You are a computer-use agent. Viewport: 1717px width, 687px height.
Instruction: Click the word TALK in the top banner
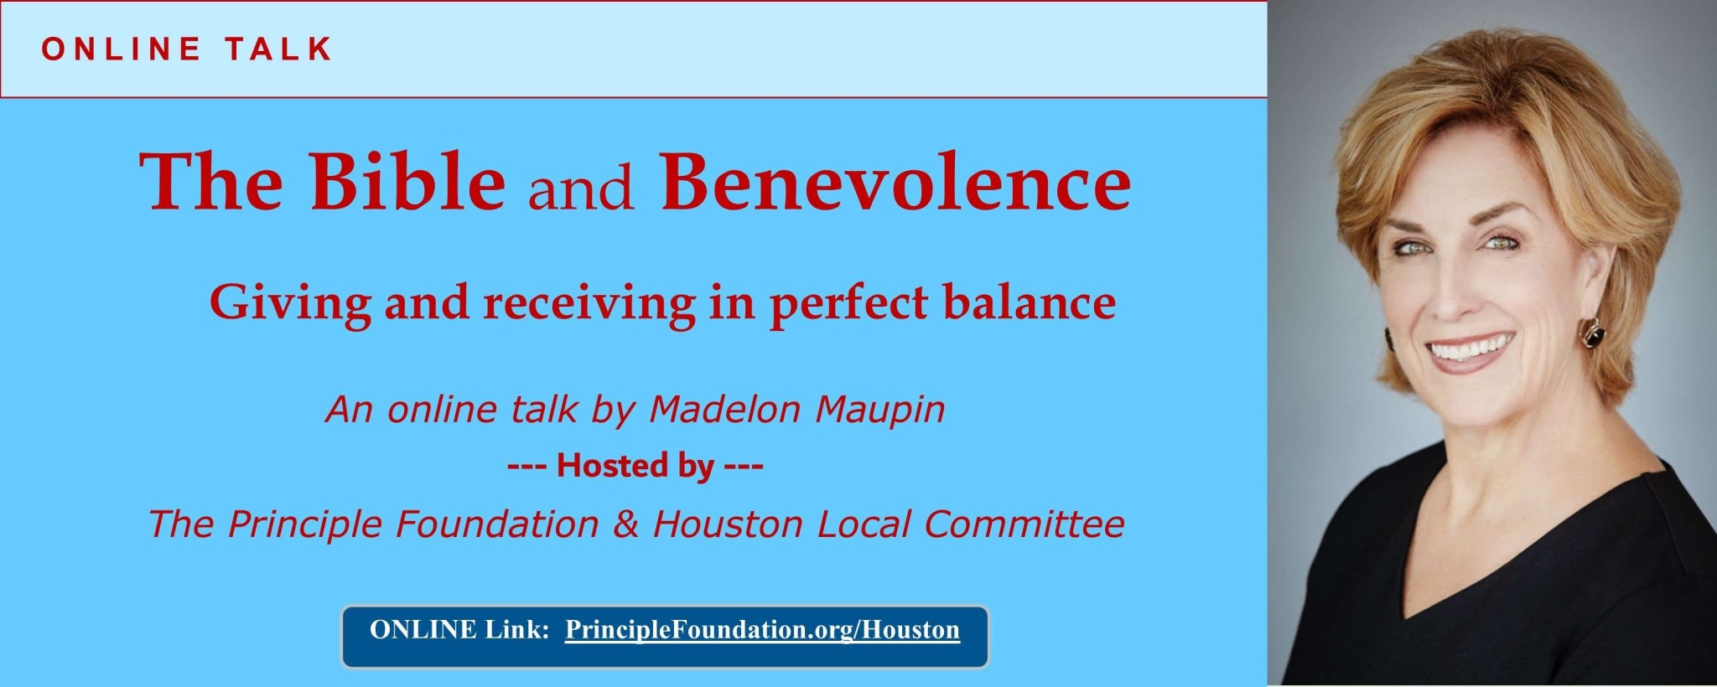click(x=278, y=49)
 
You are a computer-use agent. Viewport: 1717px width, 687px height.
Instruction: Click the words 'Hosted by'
click(x=635, y=466)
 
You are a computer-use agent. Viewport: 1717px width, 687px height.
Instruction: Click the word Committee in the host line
click(x=1024, y=524)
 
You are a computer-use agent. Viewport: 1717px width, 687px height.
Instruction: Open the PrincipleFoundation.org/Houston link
click(x=762, y=630)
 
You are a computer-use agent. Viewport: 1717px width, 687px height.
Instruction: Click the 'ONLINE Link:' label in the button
click(x=459, y=630)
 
